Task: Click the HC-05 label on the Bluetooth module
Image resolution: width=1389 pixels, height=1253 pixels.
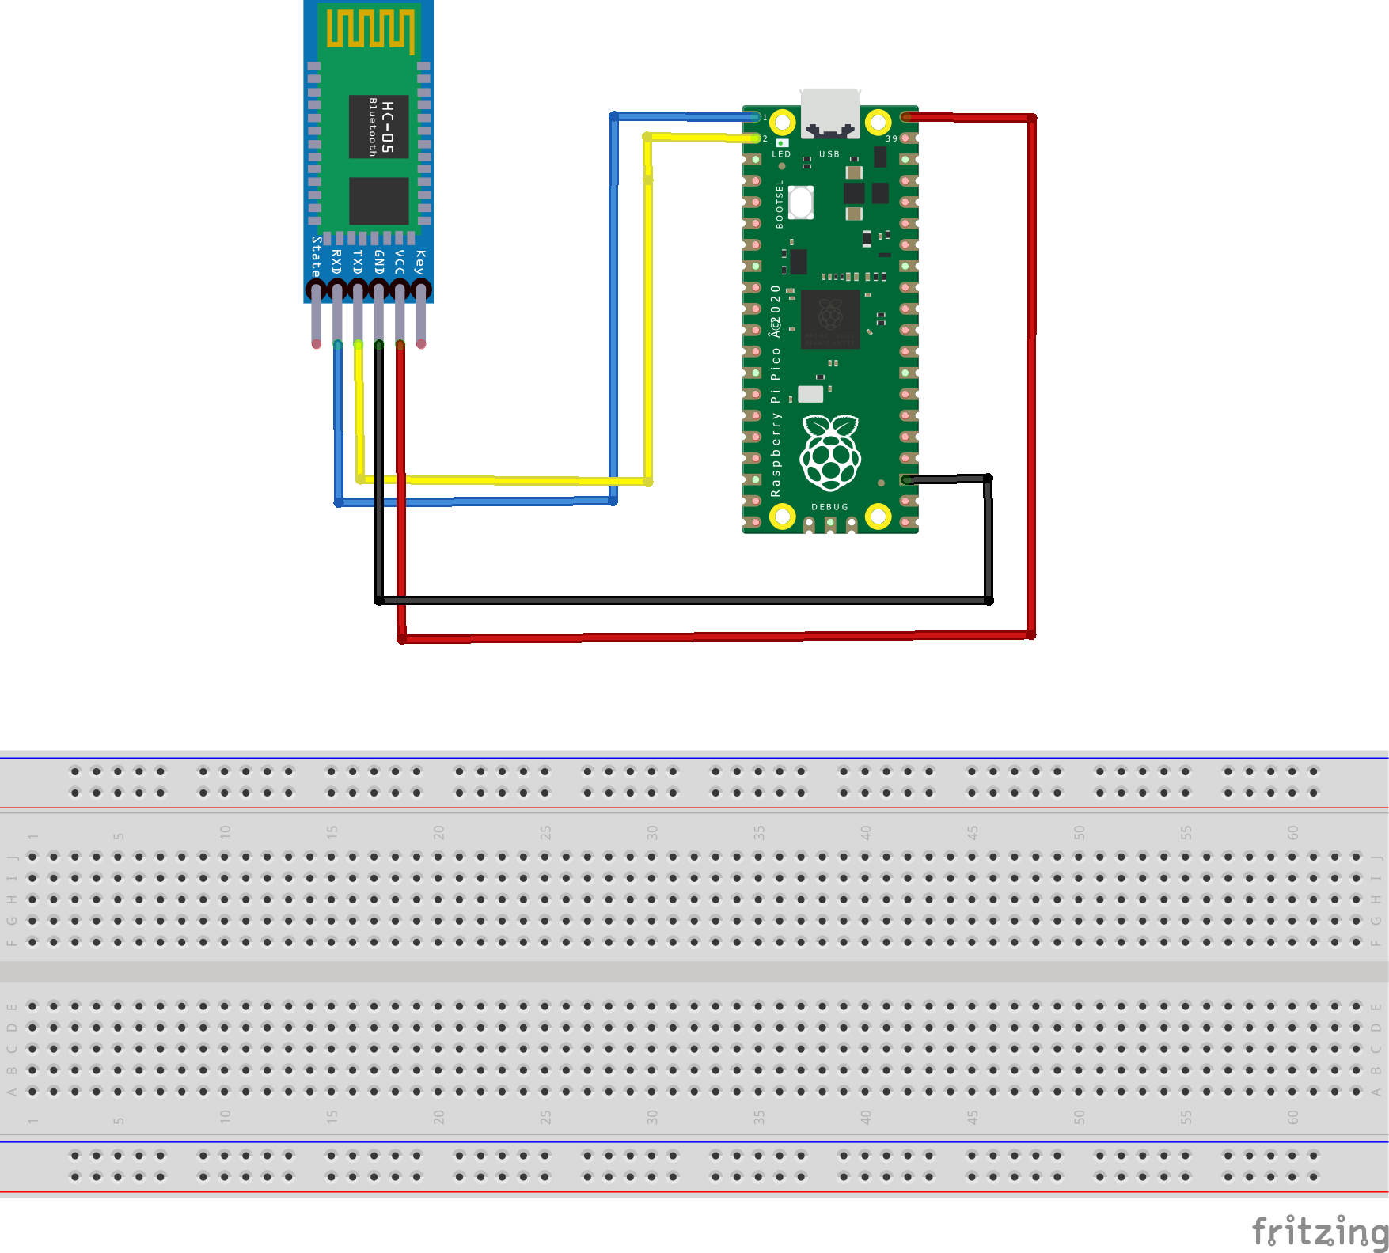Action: pyautogui.click(x=387, y=127)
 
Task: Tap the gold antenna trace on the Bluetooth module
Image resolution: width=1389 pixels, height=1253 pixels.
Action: pyautogui.click(x=370, y=29)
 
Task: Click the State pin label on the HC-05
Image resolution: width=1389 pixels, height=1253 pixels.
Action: pyautogui.click(x=316, y=255)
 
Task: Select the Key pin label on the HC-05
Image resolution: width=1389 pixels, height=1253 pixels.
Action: pyautogui.click(x=420, y=261)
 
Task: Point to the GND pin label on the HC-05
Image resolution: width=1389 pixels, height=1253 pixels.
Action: pyautogui.click(x=378, y=262)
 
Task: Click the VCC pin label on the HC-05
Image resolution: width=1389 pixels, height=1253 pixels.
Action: pyautogui.click(x=400, y=262)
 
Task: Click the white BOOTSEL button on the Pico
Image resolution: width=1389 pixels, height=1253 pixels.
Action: pyautogui.click(x=801, y=203)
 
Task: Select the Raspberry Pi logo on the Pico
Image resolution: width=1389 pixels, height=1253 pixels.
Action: pyautogui.click(x=829, y=452)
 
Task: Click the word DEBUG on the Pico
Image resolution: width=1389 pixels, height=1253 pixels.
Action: pyautogui.click(x=829, y=507)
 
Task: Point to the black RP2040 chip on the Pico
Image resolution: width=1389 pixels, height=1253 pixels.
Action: pyautogui.click(x=829, y=318)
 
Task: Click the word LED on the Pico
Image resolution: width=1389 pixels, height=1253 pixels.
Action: pyautogui.click(x=781, y=154)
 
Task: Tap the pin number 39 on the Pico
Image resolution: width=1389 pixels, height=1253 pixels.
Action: pyautogui.click(x=891, y=138)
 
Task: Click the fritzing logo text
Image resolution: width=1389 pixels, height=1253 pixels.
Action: pyautogui.click(x=1319, y=1232)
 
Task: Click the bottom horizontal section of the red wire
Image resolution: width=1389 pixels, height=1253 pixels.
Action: pyautogui.click(x=712, y=636)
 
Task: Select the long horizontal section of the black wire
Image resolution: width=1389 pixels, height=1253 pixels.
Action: pyautogui.click(x=681, y=600)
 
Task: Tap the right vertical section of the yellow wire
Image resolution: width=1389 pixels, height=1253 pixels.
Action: pyautogui.click(x=648, y=316)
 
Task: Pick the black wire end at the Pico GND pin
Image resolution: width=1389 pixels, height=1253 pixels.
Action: pyautogui.click(x=907, y=479)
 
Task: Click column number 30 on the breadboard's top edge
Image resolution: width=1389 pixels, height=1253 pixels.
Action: pyautogui.click(x=652, y=832)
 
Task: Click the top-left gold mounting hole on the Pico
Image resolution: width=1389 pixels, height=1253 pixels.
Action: pyautogui.click(x=782, y=122)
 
